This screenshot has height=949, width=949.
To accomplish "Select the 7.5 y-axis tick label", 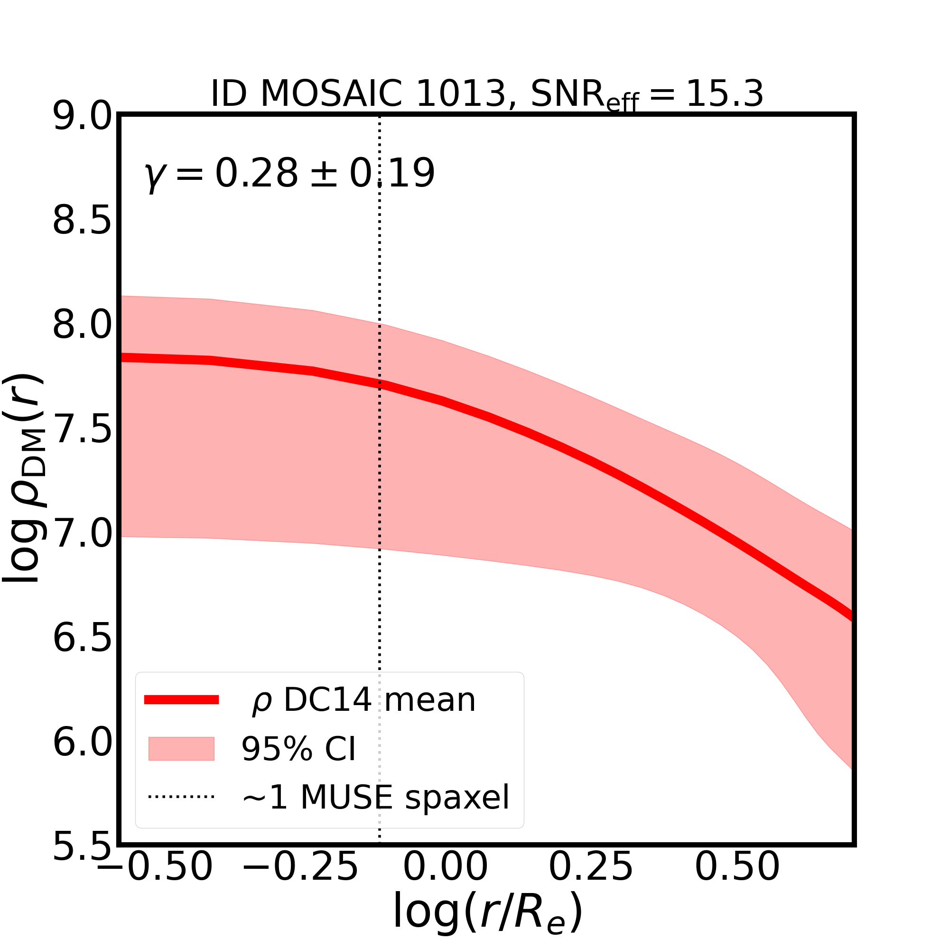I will click(82, 430).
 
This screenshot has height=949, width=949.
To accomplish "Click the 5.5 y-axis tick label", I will click(82, 847).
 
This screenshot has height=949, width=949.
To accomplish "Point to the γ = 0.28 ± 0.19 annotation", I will click(290, 174).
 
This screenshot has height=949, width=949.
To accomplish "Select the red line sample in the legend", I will click(181, 700).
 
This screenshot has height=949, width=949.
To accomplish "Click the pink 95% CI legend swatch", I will click(181, 749).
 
